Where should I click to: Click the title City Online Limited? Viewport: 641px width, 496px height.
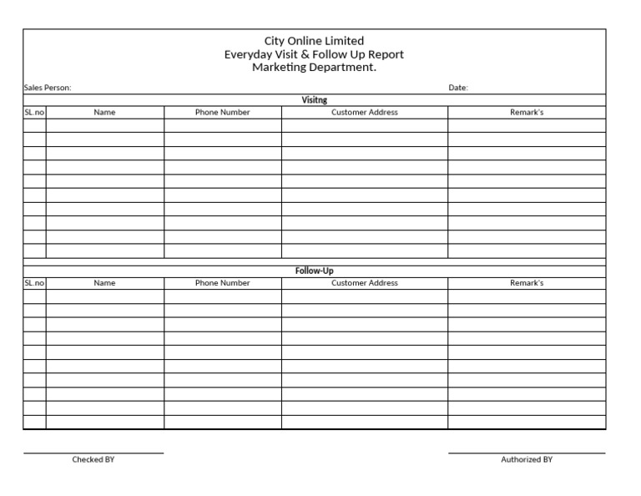point(314,41)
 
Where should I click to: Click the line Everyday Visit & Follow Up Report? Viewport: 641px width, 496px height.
point(314,54)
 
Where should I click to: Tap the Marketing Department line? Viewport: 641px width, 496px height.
point(314,68)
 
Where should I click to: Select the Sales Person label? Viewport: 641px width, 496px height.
point(48,88)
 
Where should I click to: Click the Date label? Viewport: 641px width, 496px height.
point(458,88)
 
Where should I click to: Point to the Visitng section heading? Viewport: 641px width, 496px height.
point(314,100)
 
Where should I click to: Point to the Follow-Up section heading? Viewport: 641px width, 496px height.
point(314,271)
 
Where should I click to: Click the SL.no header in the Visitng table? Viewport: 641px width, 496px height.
point(34,112)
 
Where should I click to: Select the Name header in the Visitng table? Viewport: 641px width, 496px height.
point(104,112)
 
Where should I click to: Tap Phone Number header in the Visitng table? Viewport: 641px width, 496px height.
point(222,112)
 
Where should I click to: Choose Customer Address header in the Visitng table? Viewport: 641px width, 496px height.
point(365,112)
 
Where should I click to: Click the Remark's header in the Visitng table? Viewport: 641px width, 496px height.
point(527,112)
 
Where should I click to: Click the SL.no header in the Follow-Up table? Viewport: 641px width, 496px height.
point(34,283)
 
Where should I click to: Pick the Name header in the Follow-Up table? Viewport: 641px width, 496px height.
point(104,283)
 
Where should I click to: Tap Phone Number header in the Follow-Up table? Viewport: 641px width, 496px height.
point(222,283)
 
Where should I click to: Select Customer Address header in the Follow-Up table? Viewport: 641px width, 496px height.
point(365,283)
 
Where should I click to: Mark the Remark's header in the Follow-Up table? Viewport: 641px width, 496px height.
point(527,283)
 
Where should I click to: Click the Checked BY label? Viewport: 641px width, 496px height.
point(93,459)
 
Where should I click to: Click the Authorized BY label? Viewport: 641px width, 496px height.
point(527,459)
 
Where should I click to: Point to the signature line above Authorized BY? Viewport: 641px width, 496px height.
point(527,453)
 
